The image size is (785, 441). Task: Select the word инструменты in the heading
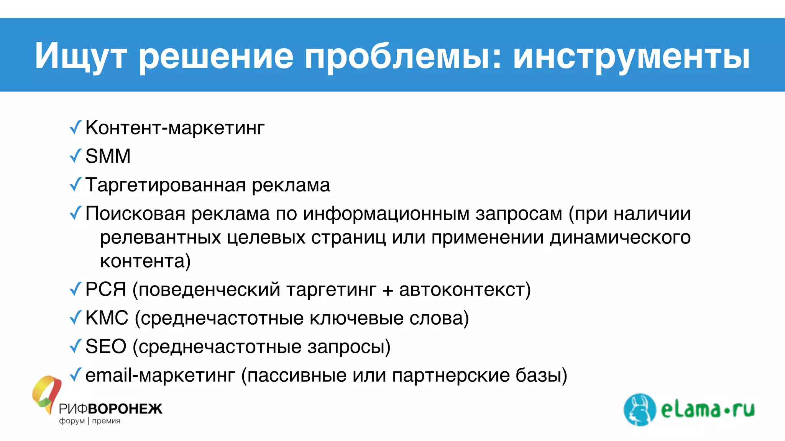[x=631, y=56]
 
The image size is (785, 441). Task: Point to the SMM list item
[x=108, y=156]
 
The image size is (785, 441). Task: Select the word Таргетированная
[x=166, y=185]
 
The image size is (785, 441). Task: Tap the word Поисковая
[x=135, y=214]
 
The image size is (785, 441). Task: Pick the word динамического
[x=620, y=237]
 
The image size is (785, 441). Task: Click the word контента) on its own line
[x=145, y=261]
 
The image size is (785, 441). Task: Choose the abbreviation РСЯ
[x=105, y=289]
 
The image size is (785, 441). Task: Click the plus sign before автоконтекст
[x=388, y=290]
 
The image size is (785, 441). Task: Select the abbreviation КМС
[x=107, y=318]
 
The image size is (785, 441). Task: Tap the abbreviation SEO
[x=105, y=346]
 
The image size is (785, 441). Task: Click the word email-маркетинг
[x=160, y=375]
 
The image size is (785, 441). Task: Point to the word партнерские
[x=450, y=375]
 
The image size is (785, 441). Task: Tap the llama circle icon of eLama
[x=639, y=409]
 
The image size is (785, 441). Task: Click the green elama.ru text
[x=708, y=410]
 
